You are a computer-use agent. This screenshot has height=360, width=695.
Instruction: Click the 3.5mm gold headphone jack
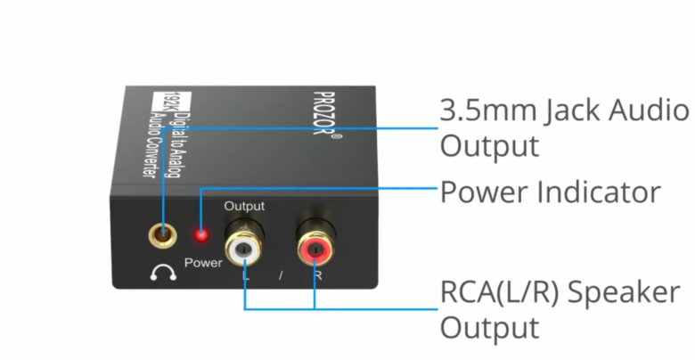[162, 236]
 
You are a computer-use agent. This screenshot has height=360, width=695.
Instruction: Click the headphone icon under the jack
[163, 274]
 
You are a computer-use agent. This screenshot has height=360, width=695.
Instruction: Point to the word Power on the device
[203, 264]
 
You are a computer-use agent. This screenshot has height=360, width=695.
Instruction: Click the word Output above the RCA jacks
[244, 206]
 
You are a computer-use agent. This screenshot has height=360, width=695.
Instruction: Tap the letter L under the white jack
[245, 274]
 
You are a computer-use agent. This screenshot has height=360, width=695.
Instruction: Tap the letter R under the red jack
[316, 274]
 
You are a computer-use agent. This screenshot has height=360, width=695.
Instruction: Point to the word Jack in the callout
[561, 110]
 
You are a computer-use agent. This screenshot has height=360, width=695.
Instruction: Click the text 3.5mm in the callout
[485, 110]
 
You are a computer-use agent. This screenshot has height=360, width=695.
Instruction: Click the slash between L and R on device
[280, 275]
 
